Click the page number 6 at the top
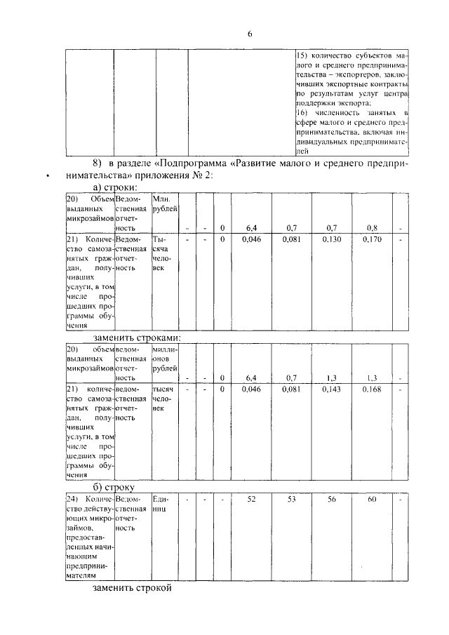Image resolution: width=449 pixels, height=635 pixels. pos(250,34)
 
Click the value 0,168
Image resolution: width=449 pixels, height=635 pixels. pos(372,389)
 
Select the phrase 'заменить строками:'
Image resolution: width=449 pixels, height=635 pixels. pos(137,337)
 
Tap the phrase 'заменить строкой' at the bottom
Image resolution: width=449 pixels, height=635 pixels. pos(132,587)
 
